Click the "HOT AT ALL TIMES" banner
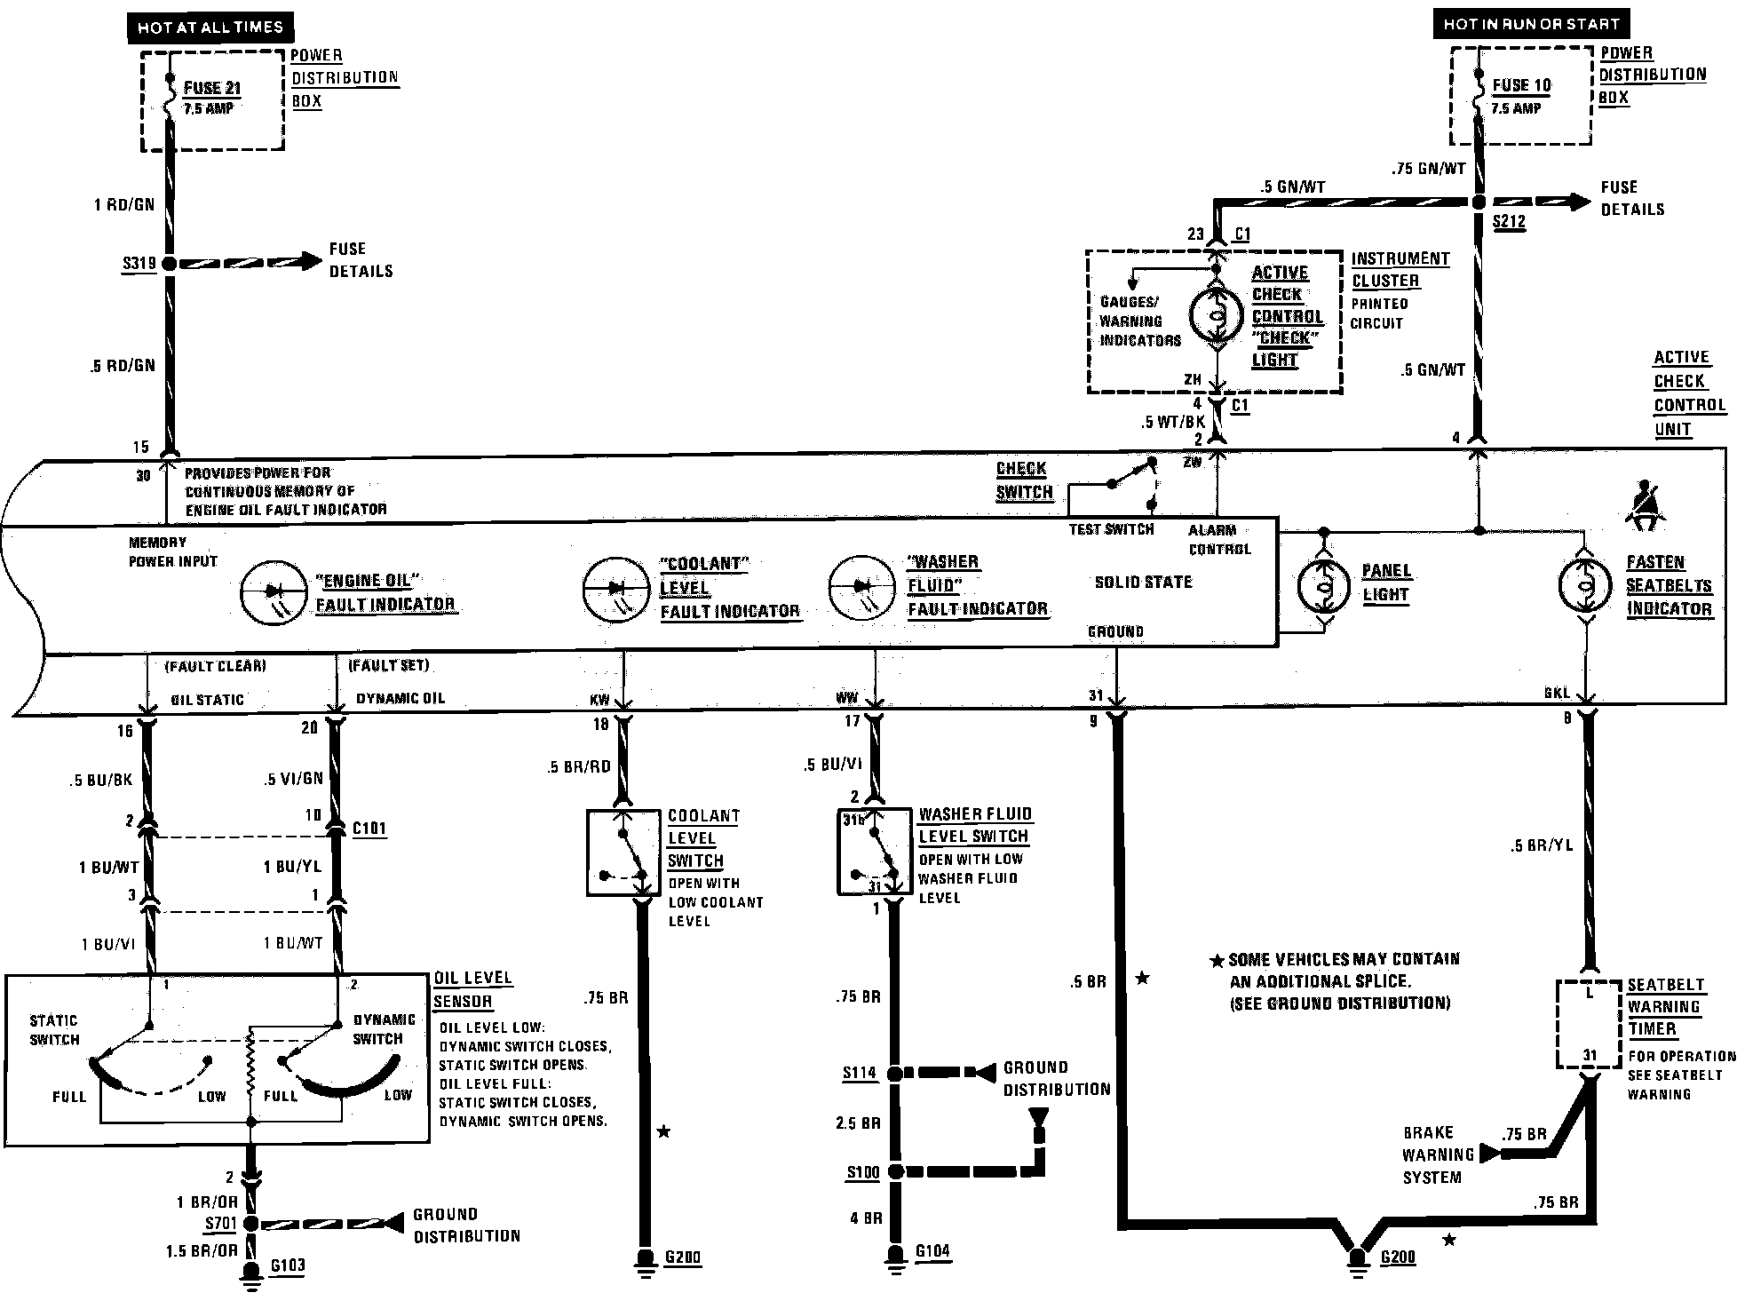[x=210, y=28]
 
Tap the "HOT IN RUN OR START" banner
[x=1531, y=24]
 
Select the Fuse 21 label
[x=212, y=88]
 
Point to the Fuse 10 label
[x=1522, y=85]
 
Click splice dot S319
[x=169, y=263]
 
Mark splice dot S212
[x=1479, y=202]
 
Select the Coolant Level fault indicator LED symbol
[x=615, y=589]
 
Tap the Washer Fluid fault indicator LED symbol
[x=861, y=586]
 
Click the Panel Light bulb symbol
[x=1323, y=587]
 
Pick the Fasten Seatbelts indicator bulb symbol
[x=1585, y=584]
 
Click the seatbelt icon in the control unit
[x=1646, y=505]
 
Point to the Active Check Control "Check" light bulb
[x=1217, y=314]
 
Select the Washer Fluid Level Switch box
[x=875, y=851]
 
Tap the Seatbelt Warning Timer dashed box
[x=1590, y=1024]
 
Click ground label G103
[x=287, y=1265]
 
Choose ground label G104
[x=933, y=1251]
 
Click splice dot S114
[x=895, y=1074]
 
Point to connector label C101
[x=369, y=829]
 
